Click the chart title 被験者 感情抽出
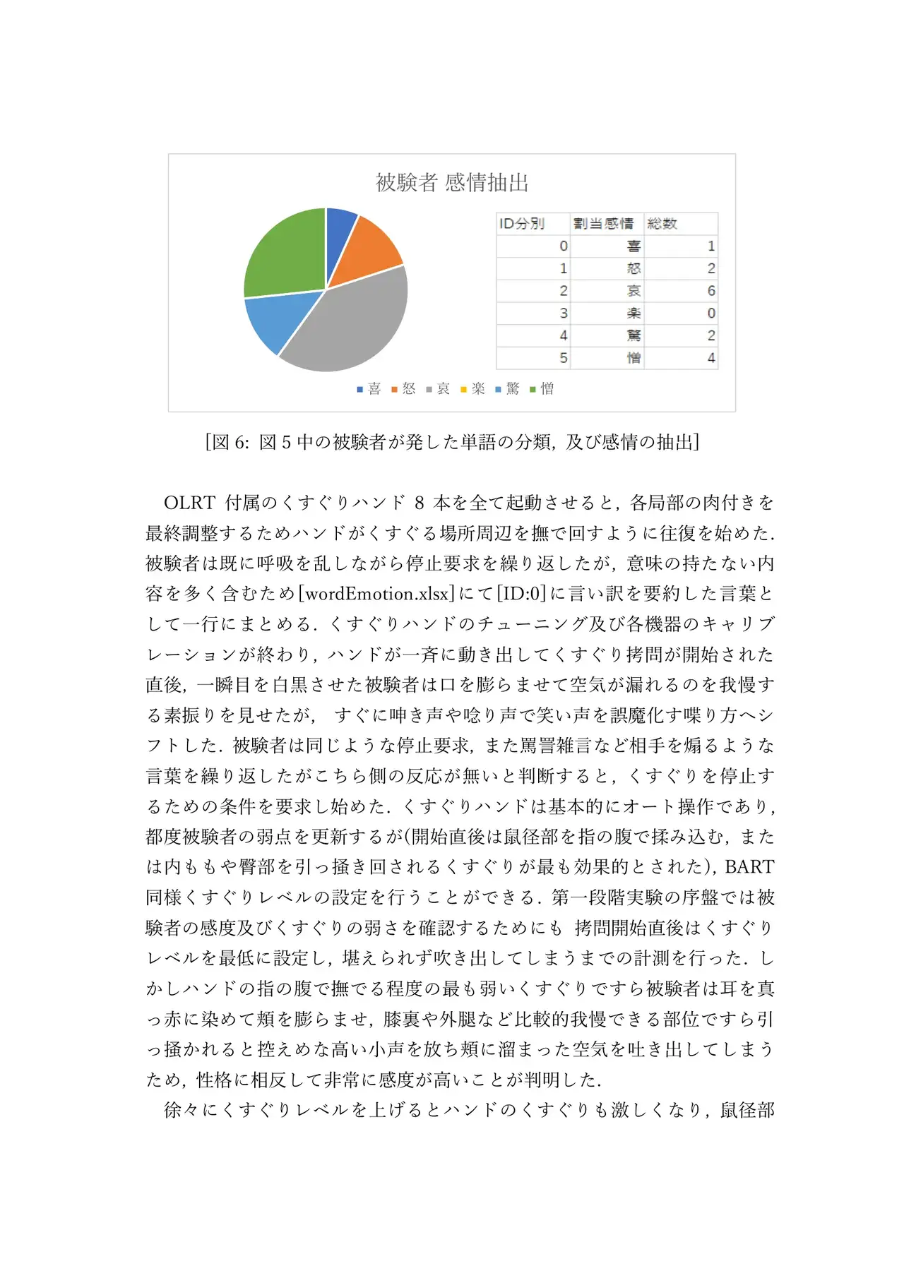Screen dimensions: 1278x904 [x=452, y=182]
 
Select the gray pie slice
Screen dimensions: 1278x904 [x=346, y=321]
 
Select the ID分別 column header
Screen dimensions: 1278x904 [x=522, y=224]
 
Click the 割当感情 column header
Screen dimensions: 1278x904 [x=604, y=224]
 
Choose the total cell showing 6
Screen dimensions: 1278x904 [x=710, y=291]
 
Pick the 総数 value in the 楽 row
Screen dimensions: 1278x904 [x=710, y=313]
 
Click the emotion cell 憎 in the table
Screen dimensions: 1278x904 [x=634, y=358]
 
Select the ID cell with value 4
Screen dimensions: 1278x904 [x=563, y=335]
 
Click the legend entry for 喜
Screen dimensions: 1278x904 [x=369, y=389]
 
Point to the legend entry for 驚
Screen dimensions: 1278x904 [x=508, y=389]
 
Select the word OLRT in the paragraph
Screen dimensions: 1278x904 [x=189, y=503]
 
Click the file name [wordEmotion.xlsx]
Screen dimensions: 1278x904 [x=377, y=594]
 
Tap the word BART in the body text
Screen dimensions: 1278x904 [x=749, y=867]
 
